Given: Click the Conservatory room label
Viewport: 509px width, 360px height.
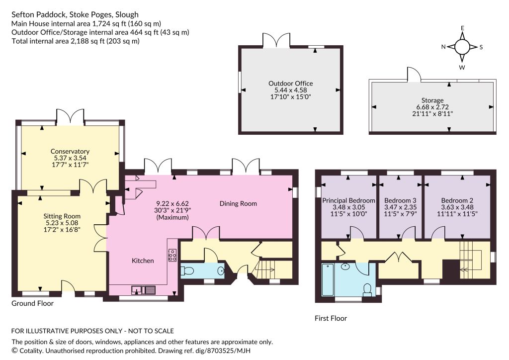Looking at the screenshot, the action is pyautogui.click(x=70, y=151).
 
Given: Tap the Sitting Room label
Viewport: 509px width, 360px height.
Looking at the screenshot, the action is pyautogui.click(x=62, y=216).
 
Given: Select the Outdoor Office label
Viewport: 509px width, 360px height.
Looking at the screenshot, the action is pyautogui.click(x=290, y=84).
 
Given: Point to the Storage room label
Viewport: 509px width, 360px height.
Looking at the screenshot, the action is pyautogui.click(x=432, y=100).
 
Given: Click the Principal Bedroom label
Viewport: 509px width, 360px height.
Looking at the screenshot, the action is pyautogui.click(x=348, y=200).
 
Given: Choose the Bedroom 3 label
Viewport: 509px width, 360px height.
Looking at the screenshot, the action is pyautogui.click(x=400, y=200).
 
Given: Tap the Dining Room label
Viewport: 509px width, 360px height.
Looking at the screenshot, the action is pyautogui.click(x=238, y=203).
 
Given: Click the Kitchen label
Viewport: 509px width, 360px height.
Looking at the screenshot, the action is pyautogui.click(x=143, y=261).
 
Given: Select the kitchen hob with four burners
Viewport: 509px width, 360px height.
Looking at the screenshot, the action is pyautogui.click(x=172, y=255).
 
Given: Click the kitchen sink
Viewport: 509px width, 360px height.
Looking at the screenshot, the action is pyautogui.click(x=144, y=289).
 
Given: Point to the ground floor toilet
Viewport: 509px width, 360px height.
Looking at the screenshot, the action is pyautogui.click(x=187, y=270).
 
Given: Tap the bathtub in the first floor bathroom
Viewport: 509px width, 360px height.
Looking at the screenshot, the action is pyautogui.click(x=328, y=280).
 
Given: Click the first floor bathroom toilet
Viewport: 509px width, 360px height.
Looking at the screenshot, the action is pyautogui.click(x=367, y=290).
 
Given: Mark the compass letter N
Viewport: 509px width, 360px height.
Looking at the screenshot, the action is pyautogui.click(x=443, y=47).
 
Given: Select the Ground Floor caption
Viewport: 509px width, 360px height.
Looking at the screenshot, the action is pyautogui.click(x=32, y=303).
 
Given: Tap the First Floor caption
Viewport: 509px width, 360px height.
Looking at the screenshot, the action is pyautogui.click(x=331, y=318).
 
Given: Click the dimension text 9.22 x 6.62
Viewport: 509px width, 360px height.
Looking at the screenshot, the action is pyautogui.click(x=172, y=203).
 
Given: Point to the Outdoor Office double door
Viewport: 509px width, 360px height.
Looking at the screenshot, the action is pyautogui.click(x=276, y=40).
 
